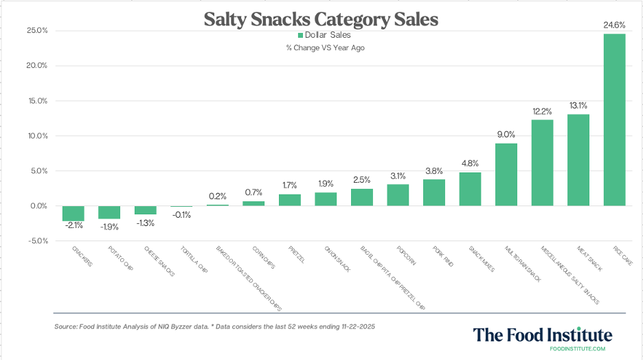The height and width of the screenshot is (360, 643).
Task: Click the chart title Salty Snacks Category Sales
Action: coord(321,19)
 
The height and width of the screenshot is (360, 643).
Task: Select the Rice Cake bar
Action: coord(614,120)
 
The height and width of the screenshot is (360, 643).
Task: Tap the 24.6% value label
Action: coord(614,25)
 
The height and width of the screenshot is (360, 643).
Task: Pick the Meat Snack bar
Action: coord(578,159)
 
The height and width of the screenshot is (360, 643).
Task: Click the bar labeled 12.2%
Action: coord(542,163)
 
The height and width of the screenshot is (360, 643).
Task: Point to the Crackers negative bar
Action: coord(74,213)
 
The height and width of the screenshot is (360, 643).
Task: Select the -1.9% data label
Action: coord(109,227)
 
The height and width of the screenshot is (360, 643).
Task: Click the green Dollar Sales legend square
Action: coord(300,34)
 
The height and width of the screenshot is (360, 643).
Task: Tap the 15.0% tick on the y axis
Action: coord(37,101)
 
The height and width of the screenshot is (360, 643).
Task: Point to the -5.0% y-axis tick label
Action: coord(37,241)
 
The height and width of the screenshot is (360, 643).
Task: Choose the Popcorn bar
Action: coord(398,195)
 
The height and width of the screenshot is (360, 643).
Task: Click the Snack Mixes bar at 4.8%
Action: coord(470,189)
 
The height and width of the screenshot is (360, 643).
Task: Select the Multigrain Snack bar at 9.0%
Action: coord(506,175)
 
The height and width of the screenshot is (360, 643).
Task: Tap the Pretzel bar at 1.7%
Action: coord(290,200)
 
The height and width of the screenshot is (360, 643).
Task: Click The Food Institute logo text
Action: coord(542,335)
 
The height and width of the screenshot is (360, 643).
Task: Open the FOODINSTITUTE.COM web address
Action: coord(578,349)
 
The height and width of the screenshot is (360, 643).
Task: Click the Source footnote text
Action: coord(218,326)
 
